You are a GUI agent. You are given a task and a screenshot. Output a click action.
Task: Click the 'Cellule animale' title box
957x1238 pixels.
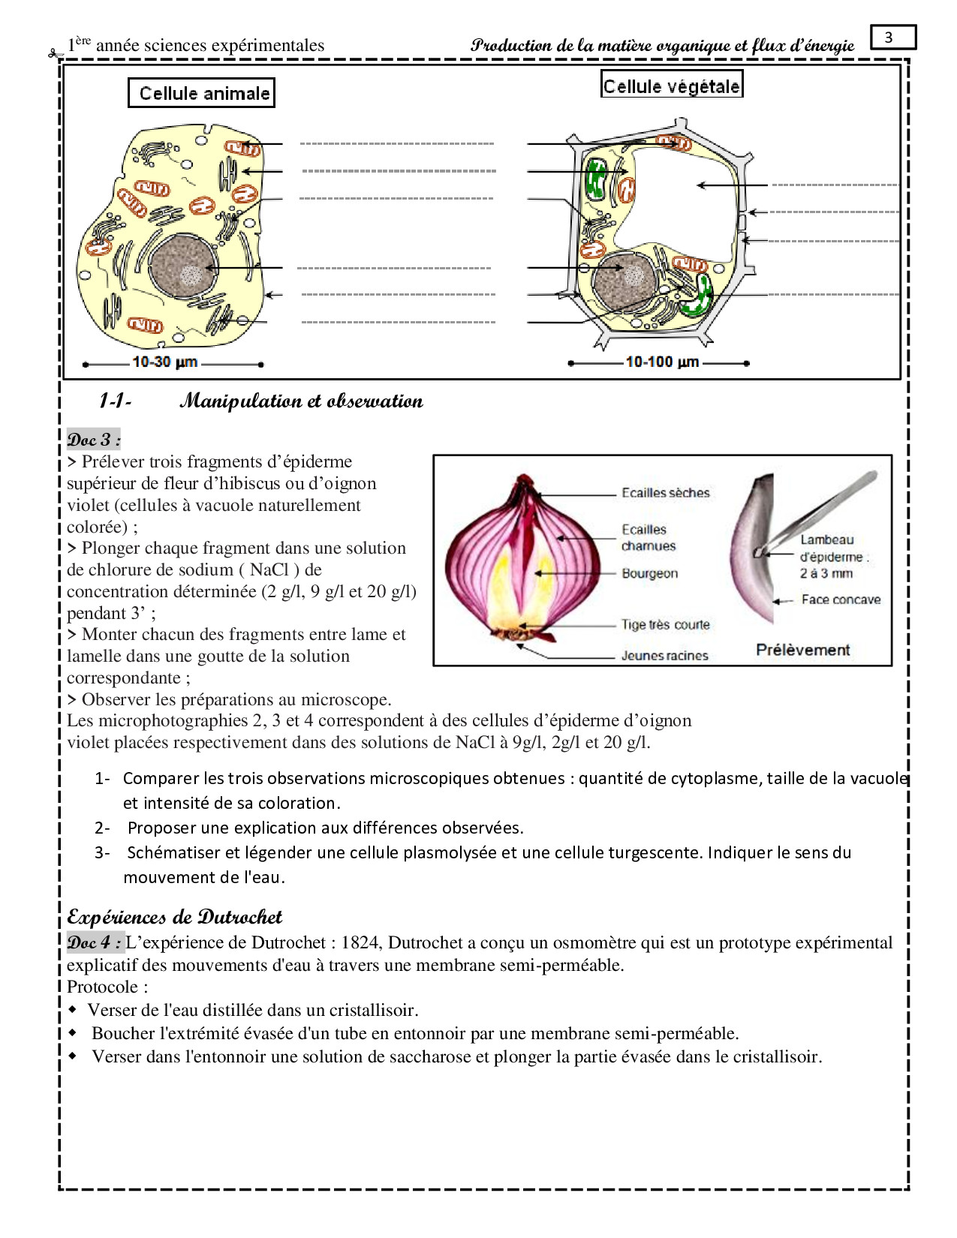(x=202, y=93)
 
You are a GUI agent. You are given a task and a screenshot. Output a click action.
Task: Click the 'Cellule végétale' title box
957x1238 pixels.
(x=672, y=86)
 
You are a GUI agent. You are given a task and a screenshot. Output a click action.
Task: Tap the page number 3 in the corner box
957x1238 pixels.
(x=889, y=38)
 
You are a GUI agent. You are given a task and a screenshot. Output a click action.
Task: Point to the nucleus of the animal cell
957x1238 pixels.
(x=183, y=266)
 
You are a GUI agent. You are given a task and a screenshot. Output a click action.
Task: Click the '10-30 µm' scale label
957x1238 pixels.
(x=165, y=362)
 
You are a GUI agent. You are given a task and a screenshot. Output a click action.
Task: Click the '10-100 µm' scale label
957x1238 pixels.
(x=662, y=362)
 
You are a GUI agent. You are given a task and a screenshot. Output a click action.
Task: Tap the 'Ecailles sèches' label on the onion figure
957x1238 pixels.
(x=665, y=493)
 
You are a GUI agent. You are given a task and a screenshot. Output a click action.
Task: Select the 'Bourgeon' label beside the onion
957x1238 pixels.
(x=649, y=574)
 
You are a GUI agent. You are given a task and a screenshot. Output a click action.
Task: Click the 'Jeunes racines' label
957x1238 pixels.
(x=664, y=656)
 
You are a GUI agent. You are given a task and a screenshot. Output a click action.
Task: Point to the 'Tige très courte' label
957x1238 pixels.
(x=665, y=625)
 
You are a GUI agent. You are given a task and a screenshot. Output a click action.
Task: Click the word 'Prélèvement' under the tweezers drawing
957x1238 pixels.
(x=802, y=650)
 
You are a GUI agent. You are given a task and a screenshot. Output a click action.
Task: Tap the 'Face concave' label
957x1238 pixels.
(x=841, y=599)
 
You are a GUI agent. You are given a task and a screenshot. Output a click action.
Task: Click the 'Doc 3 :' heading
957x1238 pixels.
(x=94, y=440)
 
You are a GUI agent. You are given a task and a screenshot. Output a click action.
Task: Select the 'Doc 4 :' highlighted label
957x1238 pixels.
(x=94, y=942)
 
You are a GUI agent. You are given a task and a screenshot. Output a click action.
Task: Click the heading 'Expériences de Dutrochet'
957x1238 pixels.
(x=174, y=917)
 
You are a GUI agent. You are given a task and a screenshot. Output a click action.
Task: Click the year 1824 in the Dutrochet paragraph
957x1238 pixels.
(x=360, y=943)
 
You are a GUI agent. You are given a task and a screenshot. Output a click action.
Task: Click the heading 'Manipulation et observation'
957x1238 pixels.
(x=301, y=401)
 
